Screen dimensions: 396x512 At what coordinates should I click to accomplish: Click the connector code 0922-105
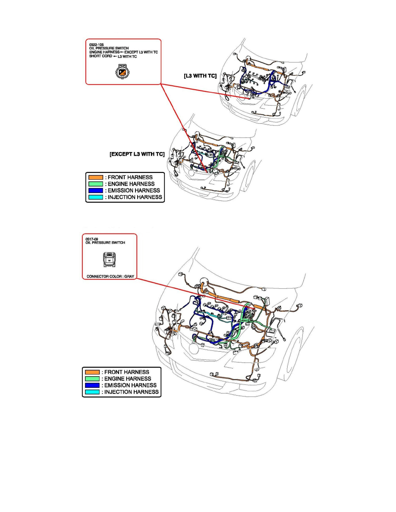tap(97, 44)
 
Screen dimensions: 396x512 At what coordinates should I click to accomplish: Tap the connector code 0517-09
tap(92, 239)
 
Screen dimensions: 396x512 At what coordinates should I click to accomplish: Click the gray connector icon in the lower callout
tap(109, 259)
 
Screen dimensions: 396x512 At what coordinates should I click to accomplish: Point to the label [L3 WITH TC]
tap(200, 76)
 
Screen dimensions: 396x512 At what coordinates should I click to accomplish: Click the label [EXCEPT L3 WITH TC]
tap(137, 154)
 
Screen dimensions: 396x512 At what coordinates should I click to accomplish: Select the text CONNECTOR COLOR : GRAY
tap(110, 276)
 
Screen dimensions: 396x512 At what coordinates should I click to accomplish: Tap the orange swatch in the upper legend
tap(96, 177)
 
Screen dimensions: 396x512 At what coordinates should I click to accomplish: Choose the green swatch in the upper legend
tap(96, 184)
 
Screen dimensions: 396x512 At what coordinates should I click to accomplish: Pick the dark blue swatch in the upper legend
tap(96, 190)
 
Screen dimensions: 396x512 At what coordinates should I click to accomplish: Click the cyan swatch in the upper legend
tap(96, 197)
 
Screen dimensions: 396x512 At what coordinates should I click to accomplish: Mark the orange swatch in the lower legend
tap(92, 372)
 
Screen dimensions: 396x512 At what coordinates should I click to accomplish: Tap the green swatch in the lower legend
tap(92, 378)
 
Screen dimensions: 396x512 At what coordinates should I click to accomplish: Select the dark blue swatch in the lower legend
tap(92, 385)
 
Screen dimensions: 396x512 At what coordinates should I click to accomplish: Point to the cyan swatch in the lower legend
tap(92, 392)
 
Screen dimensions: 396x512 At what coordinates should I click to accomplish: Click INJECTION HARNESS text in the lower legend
tap(131, 392)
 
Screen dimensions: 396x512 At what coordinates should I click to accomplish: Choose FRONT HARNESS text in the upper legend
tap(130, 177)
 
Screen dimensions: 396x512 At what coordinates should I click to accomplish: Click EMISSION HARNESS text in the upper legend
tap(134, 190)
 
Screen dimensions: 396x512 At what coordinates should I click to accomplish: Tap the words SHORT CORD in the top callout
tap(101, 56)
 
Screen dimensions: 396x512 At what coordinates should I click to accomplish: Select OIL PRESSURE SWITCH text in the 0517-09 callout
tap(105, 243)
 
